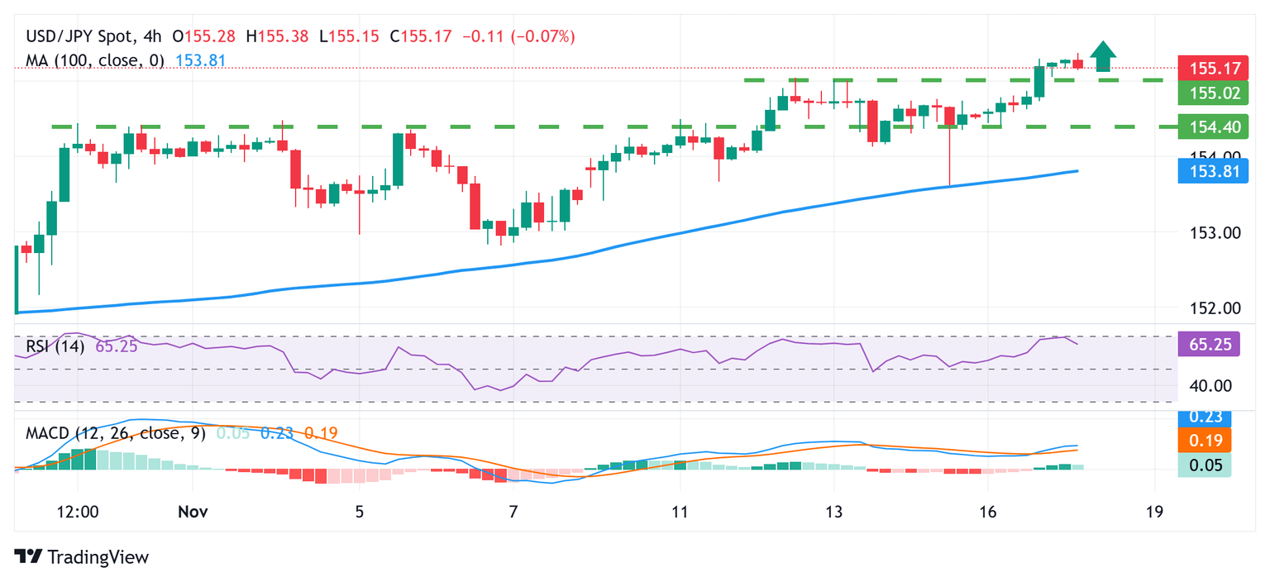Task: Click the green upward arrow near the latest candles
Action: (1103, 56)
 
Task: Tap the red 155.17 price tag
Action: (1213, 69)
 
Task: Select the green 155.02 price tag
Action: (1213, 93)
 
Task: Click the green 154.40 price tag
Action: (1213, 126)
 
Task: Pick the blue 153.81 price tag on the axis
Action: (1213, 172)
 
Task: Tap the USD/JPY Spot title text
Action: (78, 36)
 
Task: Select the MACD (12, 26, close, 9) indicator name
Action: (116, 433)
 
